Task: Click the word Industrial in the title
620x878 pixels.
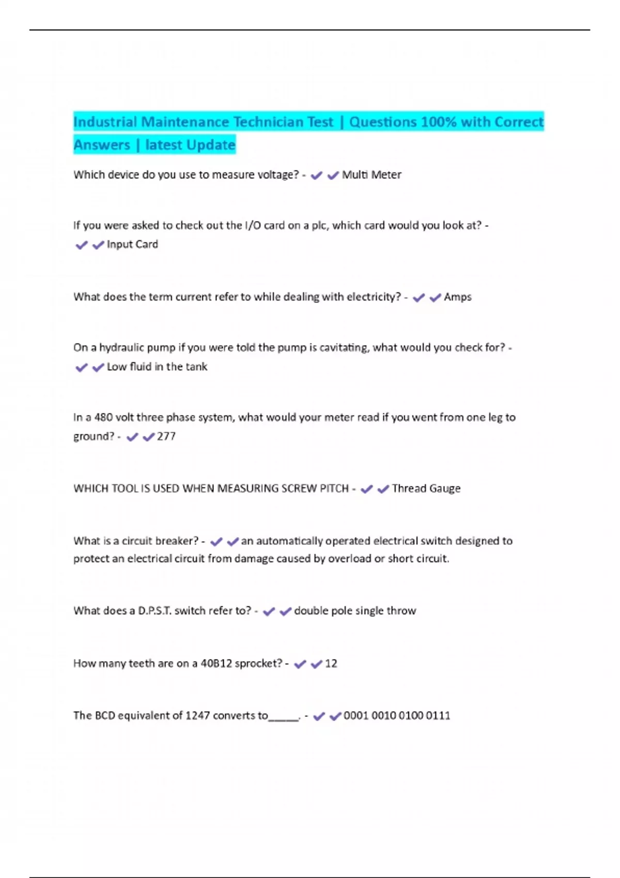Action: click(x=105, y=122)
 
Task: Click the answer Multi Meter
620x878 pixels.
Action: click(x=371, y=175)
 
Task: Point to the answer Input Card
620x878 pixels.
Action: click(x=132, y=244)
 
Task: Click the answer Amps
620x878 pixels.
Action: click(x=458, y=297)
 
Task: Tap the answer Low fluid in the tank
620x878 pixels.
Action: click(x=157, y=367)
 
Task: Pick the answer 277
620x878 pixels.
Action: click(x=166, y=436)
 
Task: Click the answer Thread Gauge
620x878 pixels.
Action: click(x=426, y=489)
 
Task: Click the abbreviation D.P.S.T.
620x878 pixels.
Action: click(x=154, y=611)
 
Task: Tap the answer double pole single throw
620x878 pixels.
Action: click(x=355, y=611)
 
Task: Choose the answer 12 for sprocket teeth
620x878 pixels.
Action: click(x=331, y=664)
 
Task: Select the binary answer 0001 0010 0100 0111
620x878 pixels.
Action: click(x=397, y=716)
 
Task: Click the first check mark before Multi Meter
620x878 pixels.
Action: click(x=317, y=176)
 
